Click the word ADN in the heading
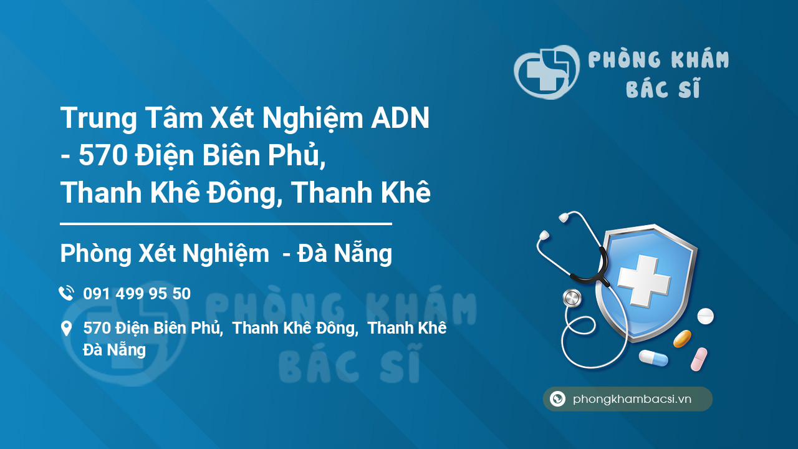point(400,118)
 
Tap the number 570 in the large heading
point(103,155)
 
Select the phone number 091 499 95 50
point(137,294)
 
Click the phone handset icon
point(66,293)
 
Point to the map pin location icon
point(66,328)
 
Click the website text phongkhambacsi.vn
point(632,399)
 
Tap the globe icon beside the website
point(557,398)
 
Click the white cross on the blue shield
point(644,281)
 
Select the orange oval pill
point(682,339)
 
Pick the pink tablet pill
point(699,359)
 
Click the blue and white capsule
point(653,358)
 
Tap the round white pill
point(705,316)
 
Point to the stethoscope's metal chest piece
point(572,298)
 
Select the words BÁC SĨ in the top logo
point(663,88)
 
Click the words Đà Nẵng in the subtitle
point(345,253)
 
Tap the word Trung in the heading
point(99,118)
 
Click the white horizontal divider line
point(226,224)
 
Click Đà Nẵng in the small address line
point(114,350)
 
